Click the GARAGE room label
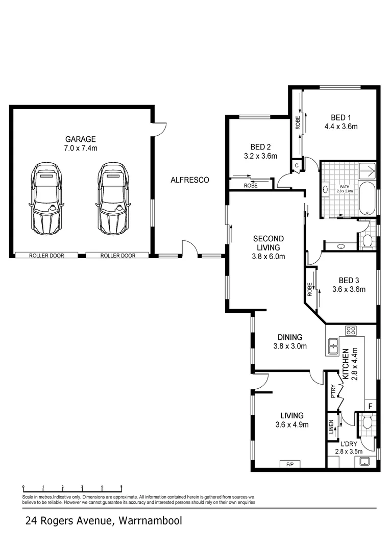(81, 139)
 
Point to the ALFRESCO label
(189, 180)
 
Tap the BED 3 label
(349, 280)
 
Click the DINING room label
(289, 337)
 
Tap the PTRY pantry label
(333, 390)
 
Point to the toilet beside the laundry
(367, 422)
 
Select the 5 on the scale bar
(121, 487)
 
